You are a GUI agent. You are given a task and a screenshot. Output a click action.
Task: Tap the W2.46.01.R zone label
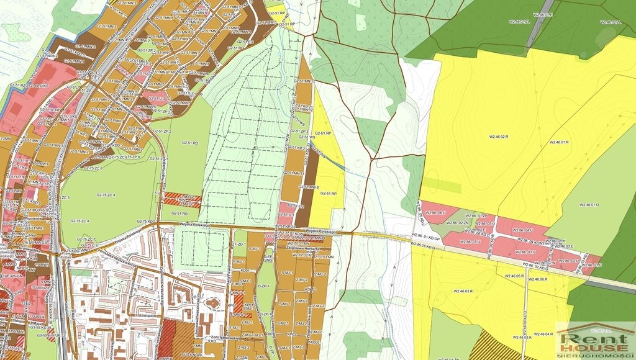pos(559,143)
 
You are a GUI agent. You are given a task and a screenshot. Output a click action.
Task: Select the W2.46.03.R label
pos(463,290)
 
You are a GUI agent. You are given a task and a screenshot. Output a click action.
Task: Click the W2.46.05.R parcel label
pos(515,276)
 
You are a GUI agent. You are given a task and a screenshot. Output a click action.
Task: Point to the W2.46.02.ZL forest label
pos(611,22)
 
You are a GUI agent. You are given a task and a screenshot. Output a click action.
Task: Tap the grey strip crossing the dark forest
pos(540,25)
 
